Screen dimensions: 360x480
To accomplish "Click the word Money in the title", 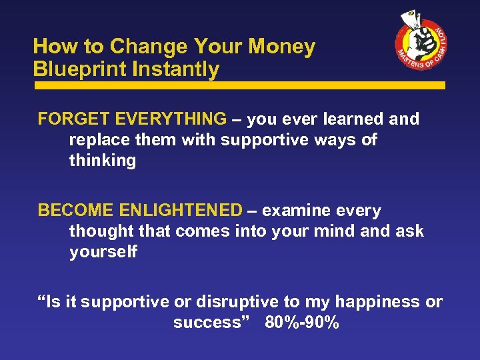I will click(x=283, y=47).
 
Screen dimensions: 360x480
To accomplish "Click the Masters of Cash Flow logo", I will click(x=421, y=44).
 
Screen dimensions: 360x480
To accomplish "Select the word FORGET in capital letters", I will click(x=73, y=119).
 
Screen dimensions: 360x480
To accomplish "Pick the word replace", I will click(x=98, y=140).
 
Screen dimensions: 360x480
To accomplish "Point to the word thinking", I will click(x=102, y=161).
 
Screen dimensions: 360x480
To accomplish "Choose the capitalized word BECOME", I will click(x=75, y=211).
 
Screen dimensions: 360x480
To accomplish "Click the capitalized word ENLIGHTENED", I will click(x=181, y=211).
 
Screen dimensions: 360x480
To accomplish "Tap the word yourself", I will click(x=103, y=252).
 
